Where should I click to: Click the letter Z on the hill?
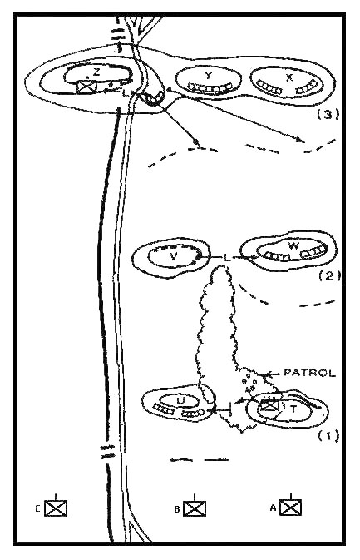click(x=96, y=72)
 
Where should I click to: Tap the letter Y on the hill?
click(x=208, y=75)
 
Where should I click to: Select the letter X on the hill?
click(x=289, y=77)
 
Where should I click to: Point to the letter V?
click(x=174, y=256)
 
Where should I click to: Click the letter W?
click(x=293, y=245)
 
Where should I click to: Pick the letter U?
click(x=181, y=401)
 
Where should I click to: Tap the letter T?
click(x=293, y=409)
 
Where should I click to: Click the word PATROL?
click(x=309, y=374)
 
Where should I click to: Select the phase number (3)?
click(x=328, y=114)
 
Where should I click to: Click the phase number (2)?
click(x=329, y=275)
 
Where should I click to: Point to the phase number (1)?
click(x=328, y=436)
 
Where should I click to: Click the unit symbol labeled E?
click(x=56, y=506)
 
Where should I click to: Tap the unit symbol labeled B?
click(x=195, y=507)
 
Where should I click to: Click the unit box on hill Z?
click(x=87, y=87)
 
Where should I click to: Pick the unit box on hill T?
click(x=269, y=406)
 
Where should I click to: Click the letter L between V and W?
click(x=227, y=257)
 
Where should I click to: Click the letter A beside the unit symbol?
click(x=274, y=508)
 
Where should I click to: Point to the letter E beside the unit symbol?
click(x=37, y=509)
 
